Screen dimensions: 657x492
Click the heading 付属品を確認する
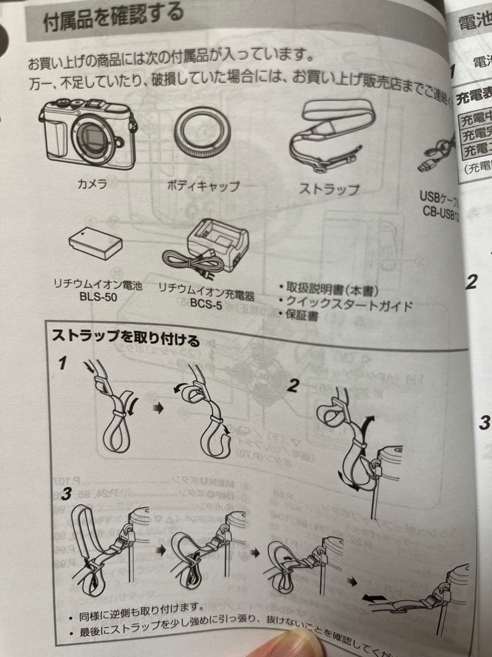click(x=113, y=18)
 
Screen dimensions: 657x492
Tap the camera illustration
click(x=89, y=133)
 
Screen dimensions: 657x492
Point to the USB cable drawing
click(x=437, y=156)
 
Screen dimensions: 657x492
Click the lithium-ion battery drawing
click(x=96, y=244)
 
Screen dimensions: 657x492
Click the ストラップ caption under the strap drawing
click(x=329, y=189)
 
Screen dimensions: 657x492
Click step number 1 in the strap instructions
click(x=62, y=364)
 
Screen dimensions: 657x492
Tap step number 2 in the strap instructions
click(x=293, y=386)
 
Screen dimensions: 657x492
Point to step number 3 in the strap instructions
click(x=66, y=493)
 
